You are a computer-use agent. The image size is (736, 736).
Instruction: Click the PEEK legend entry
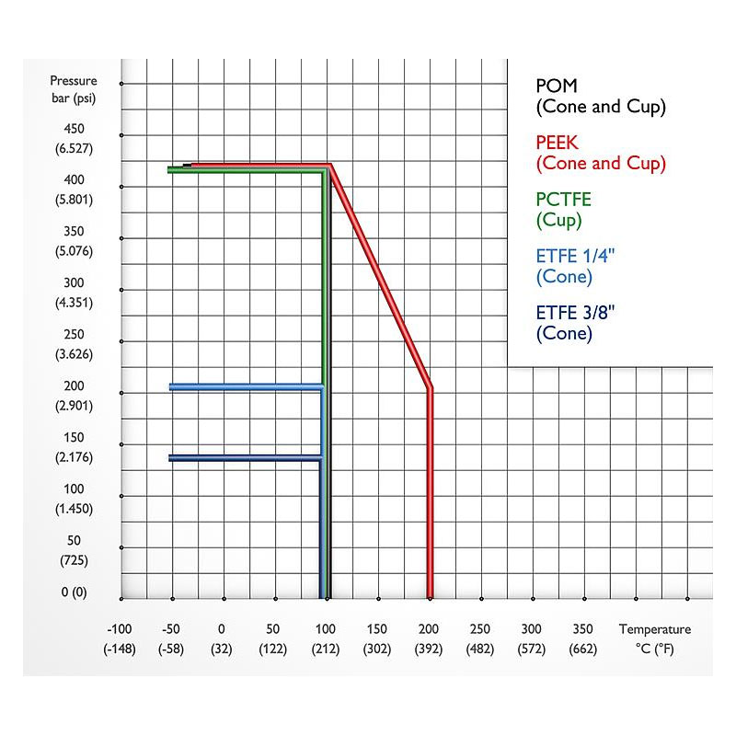click(600, 153)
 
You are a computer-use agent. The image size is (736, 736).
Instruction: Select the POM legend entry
click(600, 96)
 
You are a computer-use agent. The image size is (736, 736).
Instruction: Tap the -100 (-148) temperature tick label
click(119, 638)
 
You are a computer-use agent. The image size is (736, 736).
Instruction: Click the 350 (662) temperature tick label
click(583, 638)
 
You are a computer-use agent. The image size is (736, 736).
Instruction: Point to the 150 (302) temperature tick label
click(377, 638)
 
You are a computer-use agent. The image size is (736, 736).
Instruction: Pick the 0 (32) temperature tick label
click(222, 638)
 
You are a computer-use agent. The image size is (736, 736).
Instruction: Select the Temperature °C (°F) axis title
click(654, 638)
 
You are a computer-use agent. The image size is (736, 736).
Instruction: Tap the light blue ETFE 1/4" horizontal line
click(244, 387)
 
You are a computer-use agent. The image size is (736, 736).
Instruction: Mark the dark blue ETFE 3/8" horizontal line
click(244, 457)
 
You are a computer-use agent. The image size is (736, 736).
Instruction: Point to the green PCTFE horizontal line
click(244, 170)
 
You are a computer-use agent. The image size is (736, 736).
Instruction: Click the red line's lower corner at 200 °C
click(430, 389)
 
